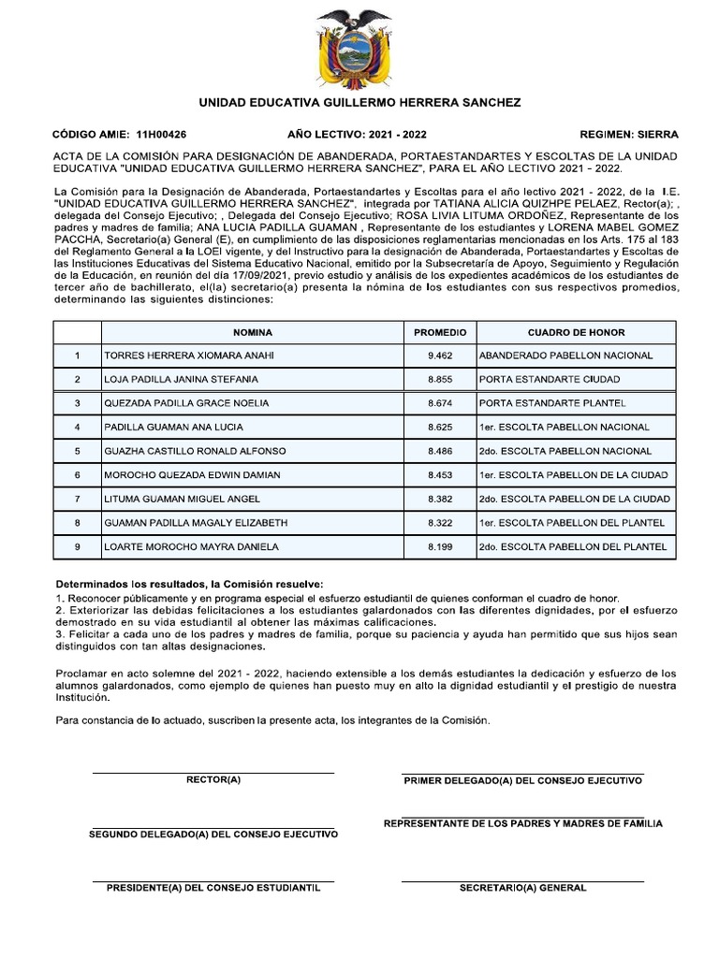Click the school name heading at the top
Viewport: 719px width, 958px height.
[x=359, y=102]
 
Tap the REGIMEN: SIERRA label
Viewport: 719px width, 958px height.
[x=629, y=134]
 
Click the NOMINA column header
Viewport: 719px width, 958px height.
[x=252, y=332]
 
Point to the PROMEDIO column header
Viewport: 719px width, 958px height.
[x=439, y=332]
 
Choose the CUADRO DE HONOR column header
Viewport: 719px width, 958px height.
[x=576, y=332]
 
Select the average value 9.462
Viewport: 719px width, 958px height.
[x=439, y=356]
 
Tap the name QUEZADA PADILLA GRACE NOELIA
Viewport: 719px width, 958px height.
[x=186, y=403]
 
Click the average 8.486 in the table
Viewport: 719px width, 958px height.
[x=439, y=451]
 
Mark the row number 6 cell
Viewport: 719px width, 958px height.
[x=77, y=474]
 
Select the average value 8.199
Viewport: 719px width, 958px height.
[x=439, y=546]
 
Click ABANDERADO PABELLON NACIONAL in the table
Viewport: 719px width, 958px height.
[x=565, y=356]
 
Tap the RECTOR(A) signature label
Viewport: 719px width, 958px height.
[x=213, y=779]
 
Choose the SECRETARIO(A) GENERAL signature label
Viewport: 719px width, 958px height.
[x=522, y=888]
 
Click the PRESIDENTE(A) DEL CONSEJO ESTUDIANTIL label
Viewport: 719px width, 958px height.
[x=213, y=888]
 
